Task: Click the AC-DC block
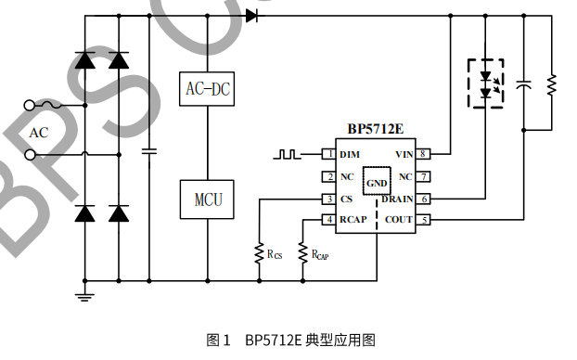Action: pos(207,90)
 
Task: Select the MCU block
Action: pos(207,199)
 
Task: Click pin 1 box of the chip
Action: pos(327,154)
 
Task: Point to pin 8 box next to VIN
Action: pos(423,154)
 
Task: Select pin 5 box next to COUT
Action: pos(423,220)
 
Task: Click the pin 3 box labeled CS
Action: pos(327,199)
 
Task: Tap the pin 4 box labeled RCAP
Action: pos(327,220)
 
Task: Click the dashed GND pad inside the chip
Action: pos(377,183)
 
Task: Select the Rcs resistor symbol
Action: pos(259,252)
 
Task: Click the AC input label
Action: pos(38,133)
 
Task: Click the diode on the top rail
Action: pos(251,16)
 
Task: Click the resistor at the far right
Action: pos(552,84)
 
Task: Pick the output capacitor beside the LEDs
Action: pos(524,84)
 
